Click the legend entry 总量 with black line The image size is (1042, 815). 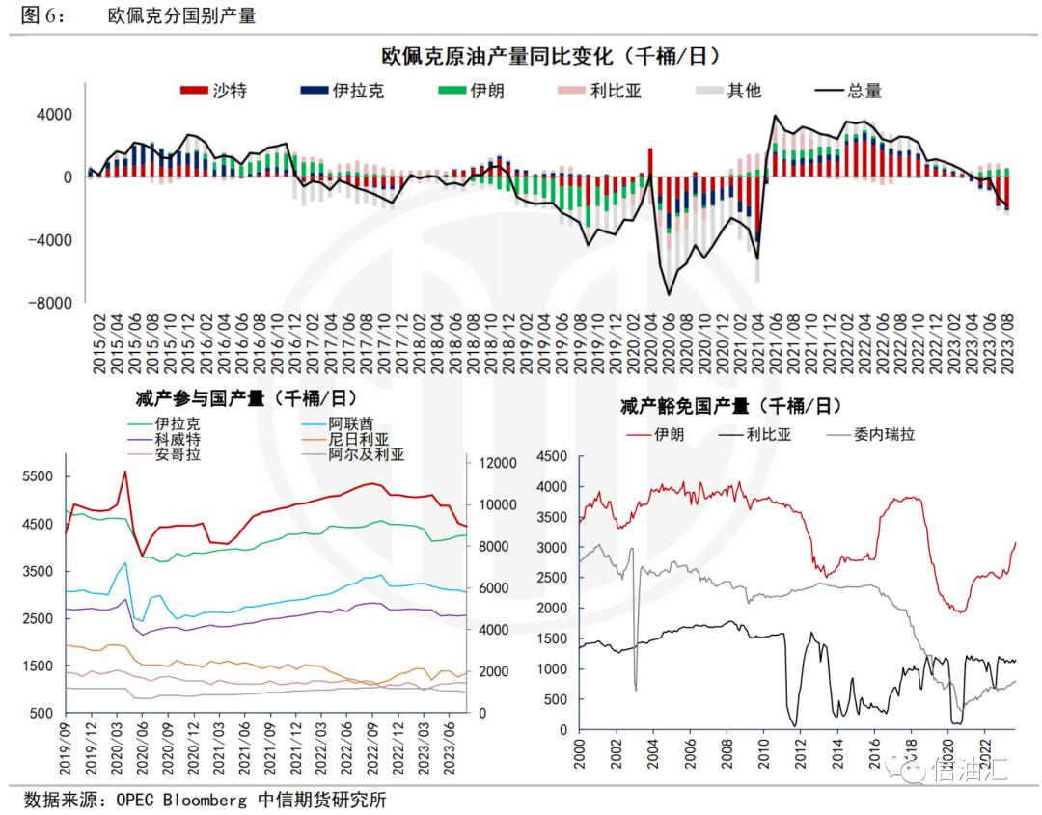point(864,92)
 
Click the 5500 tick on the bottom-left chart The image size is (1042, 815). point(37,476)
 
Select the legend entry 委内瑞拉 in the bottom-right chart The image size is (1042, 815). point(884,434)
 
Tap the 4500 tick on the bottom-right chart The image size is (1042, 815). point(553,457)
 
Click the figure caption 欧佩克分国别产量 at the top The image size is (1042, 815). point(182,15)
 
